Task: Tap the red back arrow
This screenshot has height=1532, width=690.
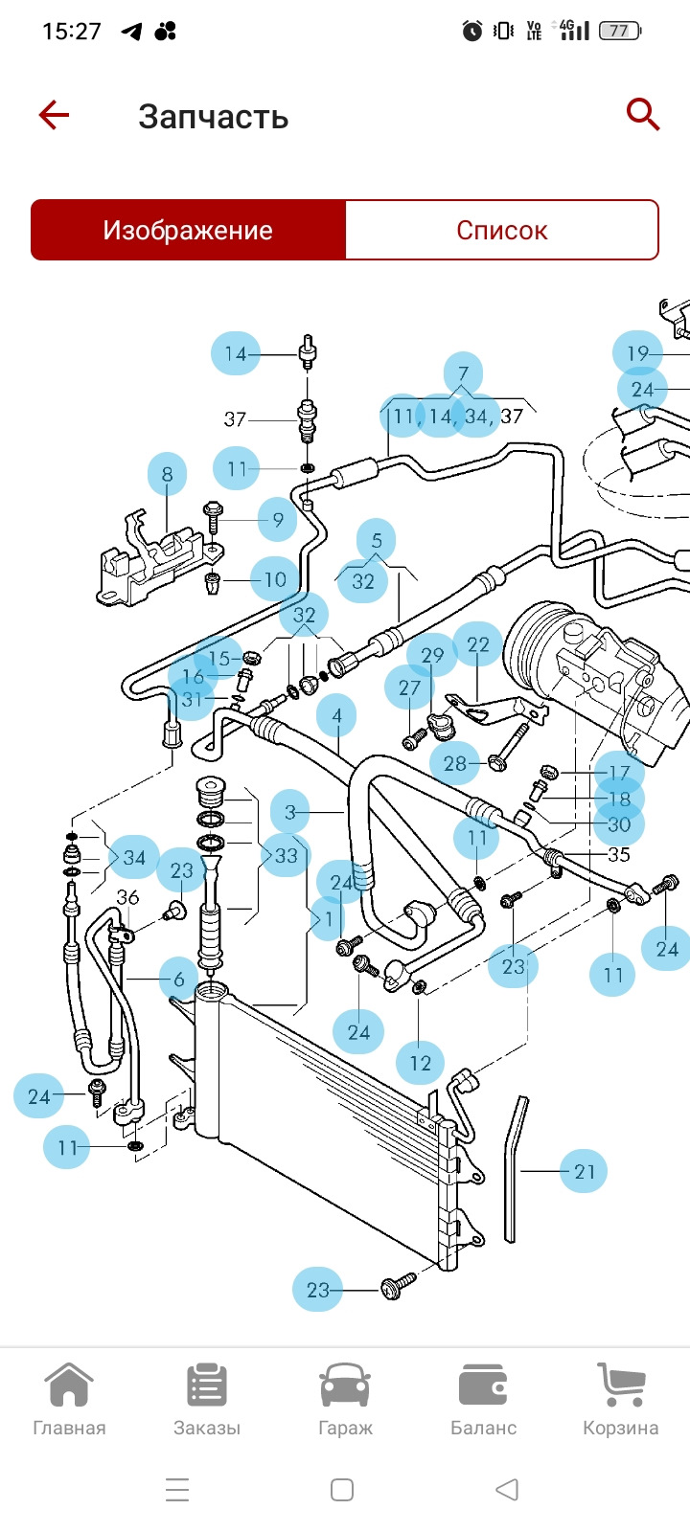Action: [55, 116]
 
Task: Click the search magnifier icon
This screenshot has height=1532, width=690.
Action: [643, 115]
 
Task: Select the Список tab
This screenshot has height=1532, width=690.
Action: [501, 230]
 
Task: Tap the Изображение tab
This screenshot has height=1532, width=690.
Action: [188, 230]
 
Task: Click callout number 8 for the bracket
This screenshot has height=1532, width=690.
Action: [168, 474]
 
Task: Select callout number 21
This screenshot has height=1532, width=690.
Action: [584, 1171]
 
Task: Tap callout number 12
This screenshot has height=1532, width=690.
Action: [420, 1063]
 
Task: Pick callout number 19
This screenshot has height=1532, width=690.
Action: [637, 353]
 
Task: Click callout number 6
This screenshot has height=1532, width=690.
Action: [177, 980]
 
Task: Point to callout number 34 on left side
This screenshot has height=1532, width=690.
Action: [133, 857]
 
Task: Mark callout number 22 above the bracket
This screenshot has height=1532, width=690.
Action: [477, 645]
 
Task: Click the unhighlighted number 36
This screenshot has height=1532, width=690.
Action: [127, 897]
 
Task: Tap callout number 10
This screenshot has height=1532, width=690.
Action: [275, 579]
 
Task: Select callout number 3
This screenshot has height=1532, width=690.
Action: [290, 813]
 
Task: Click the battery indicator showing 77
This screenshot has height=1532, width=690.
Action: [619, 31]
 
